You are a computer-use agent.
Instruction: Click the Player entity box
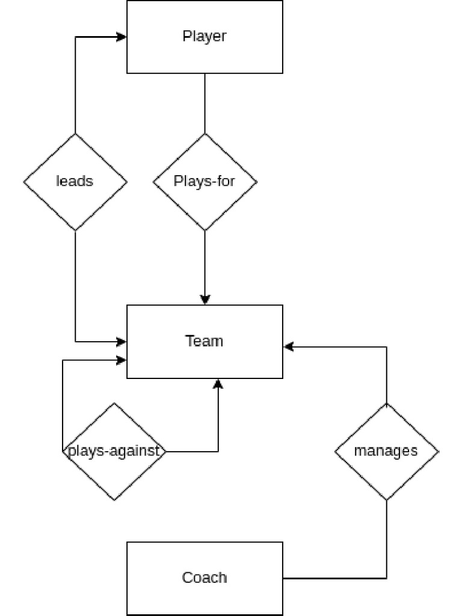pyautogui.click(x=205, y=37)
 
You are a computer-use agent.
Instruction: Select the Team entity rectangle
pyautogui.click(x=205, y=341)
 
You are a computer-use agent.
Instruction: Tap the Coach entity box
pyautogui.click(x=205, y=578)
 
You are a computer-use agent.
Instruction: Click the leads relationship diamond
pyautogui.click(x=75, y=181)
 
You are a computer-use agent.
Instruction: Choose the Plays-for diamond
pyautogui.click(x=205, y=181)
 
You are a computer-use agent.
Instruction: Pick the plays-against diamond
pyautogui.click(x=114, y=451)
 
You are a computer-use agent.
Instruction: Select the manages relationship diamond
pyautogui.click(x=386, y=451)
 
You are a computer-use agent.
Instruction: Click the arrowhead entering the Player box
pyautogui.click(x=122, y=37)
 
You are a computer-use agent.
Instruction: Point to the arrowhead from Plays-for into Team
pyautogui.click(x=205, y=300)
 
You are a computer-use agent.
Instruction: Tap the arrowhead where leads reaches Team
pyautogui.click(x=122, y=342)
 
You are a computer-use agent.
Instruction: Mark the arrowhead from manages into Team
pyautogui.click(x=288, y=346)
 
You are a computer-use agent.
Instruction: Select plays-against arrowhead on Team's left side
pyautogui.click(x=122, y=360)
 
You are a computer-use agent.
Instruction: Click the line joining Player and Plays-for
pyautogui.click(x=205, y=103)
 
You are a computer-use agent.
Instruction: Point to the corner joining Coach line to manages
pyautogui.click(x=386, y=578)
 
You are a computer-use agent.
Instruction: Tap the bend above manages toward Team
pyautogui.click(x=386, y=346)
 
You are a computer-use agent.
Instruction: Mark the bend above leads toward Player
pyautogui.click(x=75, y=37)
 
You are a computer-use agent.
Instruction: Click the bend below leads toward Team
pyautogui.click(x=75, y=342)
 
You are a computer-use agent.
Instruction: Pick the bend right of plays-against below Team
pyautogui.click(x=218, y=451)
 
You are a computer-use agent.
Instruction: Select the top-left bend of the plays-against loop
pyautogui.click(x=63, y=360)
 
